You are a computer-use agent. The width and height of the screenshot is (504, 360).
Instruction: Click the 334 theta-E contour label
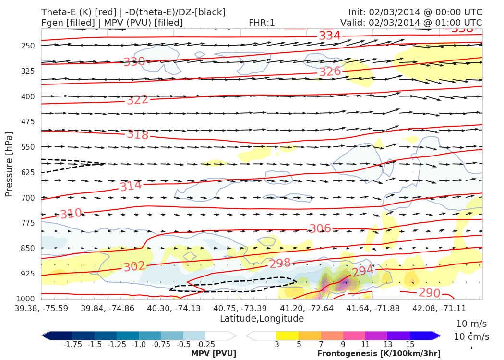pos(330,36)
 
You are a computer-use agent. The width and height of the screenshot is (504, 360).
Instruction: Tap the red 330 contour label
pos(134,62)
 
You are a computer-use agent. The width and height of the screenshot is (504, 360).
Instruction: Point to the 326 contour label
pos(330,72)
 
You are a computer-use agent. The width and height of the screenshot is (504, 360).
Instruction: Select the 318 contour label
pos(137,134)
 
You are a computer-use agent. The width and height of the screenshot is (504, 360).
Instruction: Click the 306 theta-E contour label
pos(320,228)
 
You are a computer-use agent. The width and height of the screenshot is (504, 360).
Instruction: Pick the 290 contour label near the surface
pos(429,293)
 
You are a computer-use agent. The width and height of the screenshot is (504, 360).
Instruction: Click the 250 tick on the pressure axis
pos(28,46)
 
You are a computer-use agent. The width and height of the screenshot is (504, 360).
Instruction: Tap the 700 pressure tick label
pos(28,198)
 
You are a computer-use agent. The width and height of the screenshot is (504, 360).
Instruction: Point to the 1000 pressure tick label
pos(25,299)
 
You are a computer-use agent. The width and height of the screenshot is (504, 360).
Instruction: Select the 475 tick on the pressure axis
pos(28,122)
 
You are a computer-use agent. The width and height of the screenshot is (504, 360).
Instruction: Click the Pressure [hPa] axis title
pos(9,164)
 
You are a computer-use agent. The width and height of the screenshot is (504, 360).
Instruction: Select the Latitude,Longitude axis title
pos(262,319)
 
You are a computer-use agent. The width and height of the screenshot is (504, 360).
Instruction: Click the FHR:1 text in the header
pos(262,23)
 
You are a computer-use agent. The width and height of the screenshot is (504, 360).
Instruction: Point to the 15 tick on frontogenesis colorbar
pos(409,344)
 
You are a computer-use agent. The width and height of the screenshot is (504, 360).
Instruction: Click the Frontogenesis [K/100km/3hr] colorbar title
pos(379,354)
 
